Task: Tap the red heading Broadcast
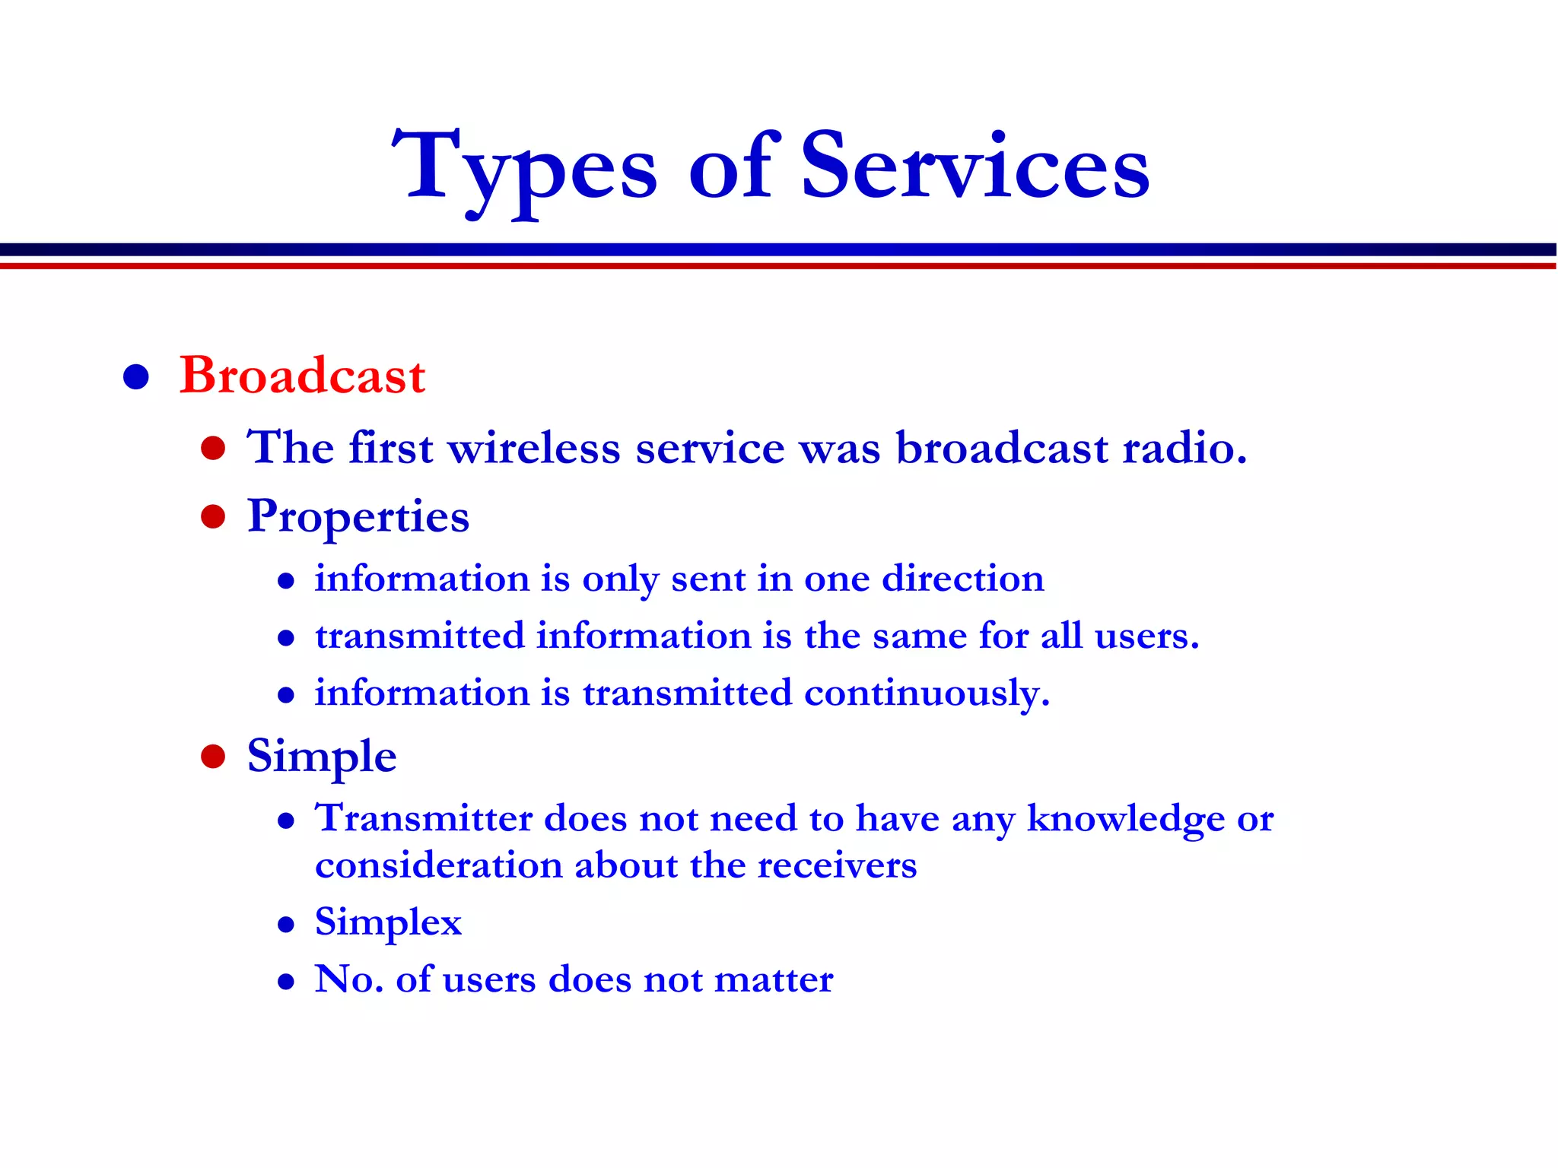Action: coord(302,376)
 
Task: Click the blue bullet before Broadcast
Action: coord(135,377)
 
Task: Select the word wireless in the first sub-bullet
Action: coord(534,448)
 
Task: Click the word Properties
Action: coord(358,518)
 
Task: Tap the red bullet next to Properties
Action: coord(213,517)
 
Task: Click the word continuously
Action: coord(926,693)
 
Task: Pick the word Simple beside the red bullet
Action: coord(322,757)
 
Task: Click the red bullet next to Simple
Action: coord(213,757)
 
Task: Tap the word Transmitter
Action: coord(424,819)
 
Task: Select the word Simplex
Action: coord(388,923)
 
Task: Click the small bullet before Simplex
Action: coord(286,925)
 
